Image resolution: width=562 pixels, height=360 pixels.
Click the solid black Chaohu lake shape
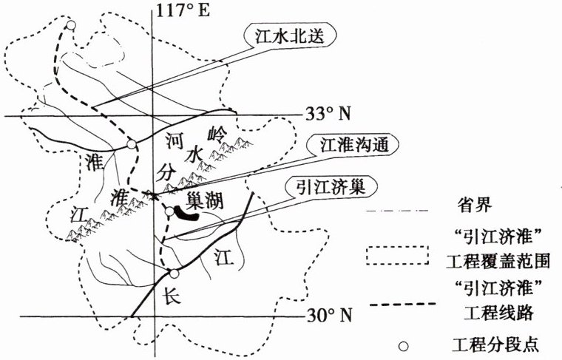(x=187, y=214)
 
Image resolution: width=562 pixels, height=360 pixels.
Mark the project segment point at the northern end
(x=70, y=26)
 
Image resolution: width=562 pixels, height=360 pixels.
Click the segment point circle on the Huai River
(x=132, y=145)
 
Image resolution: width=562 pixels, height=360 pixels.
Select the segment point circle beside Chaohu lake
(x=169, y=213)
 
